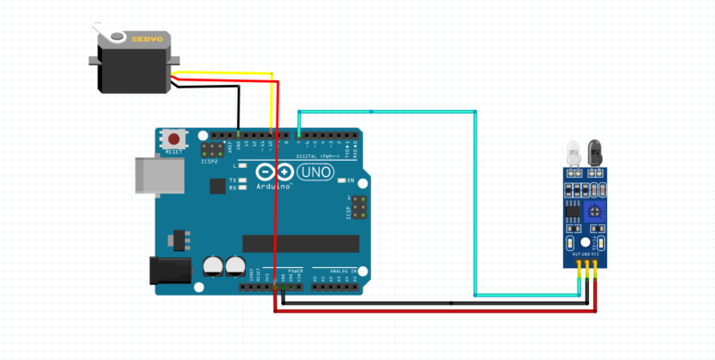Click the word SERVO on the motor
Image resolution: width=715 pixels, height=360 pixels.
[147, 40]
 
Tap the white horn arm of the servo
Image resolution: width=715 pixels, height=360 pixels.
[110, 36]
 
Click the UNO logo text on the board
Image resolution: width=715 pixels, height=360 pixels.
[319, 171]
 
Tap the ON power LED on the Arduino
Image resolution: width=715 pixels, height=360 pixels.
[342, 180]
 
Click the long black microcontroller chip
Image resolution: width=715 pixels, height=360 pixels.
[299, 243]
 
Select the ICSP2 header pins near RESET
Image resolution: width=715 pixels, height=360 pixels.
[214, 149]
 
